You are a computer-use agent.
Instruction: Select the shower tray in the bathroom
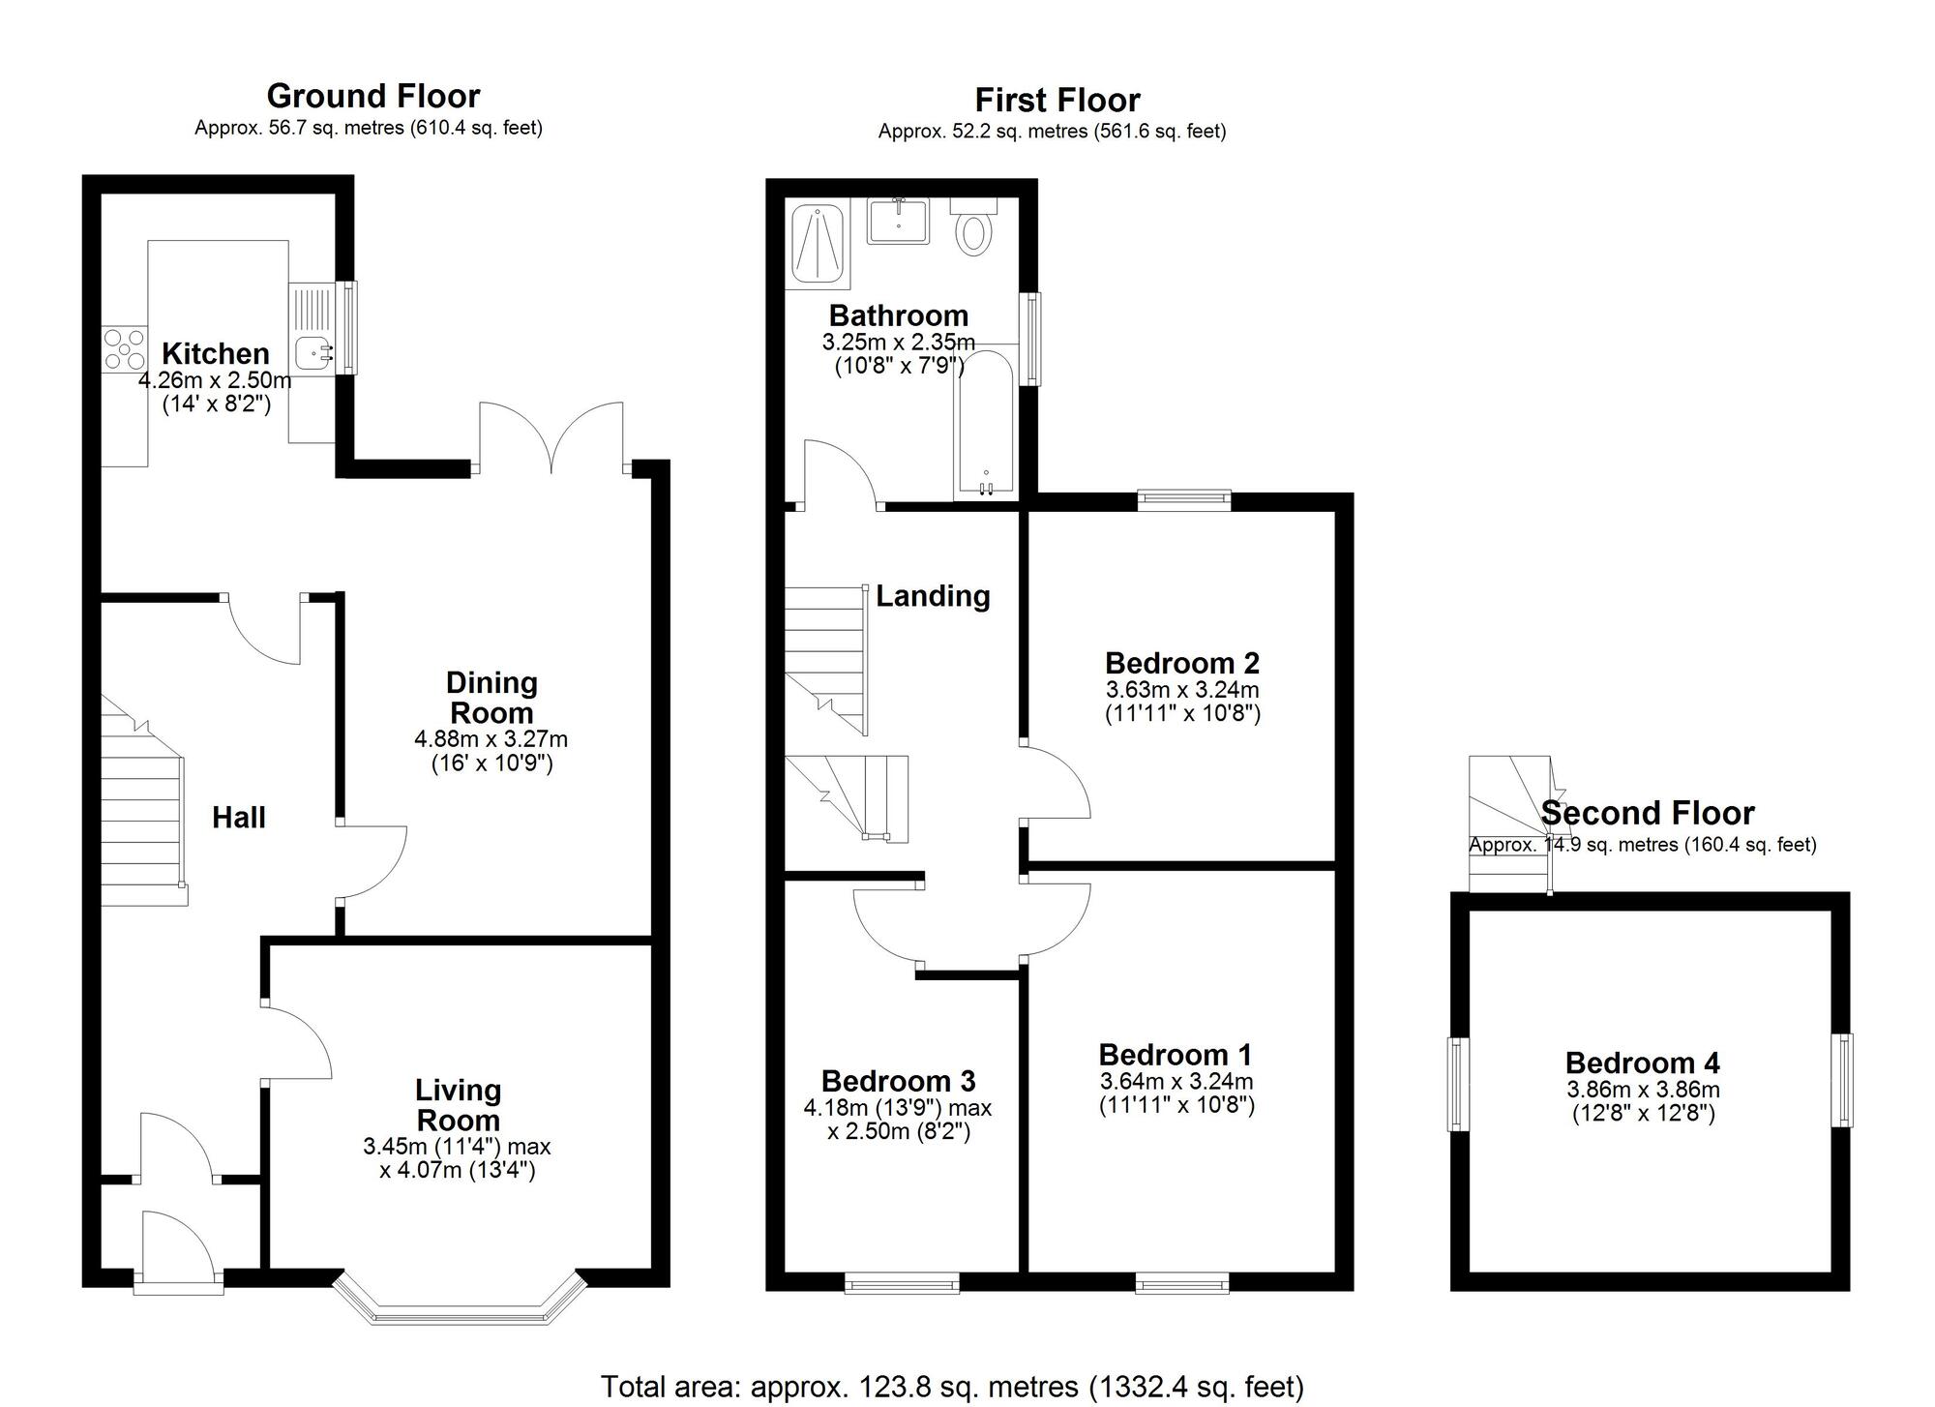(819, 246)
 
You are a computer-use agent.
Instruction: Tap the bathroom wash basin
(898, 220)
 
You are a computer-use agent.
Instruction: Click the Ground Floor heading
(373, 96)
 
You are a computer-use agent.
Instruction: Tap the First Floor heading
(1057, 100)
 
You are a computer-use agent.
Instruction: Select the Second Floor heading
(1648, 813)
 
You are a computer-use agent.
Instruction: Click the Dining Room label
(491, 698)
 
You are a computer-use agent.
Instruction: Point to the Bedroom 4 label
(1643, 1063)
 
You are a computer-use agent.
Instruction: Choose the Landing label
(933, 596)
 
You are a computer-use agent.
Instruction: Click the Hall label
(239, 818)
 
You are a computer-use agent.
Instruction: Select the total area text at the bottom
(953, 1387)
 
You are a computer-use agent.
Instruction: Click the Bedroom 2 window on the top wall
(1184, 499)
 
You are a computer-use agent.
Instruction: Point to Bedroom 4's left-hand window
(1458, 1084)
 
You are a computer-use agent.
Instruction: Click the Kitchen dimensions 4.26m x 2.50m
(215, 380)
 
